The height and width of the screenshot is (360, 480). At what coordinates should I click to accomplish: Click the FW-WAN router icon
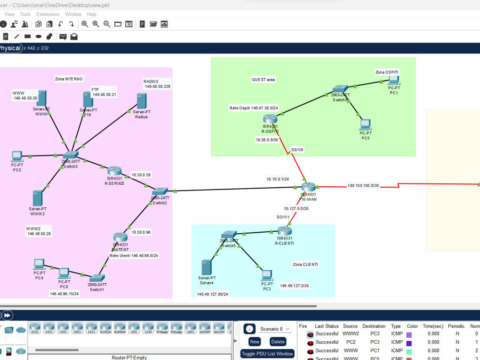308,187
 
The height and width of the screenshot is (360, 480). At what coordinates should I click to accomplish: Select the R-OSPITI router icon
270,119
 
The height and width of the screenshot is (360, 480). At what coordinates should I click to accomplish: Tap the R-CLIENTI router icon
284,231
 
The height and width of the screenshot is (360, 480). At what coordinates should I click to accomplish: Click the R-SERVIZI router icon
114,171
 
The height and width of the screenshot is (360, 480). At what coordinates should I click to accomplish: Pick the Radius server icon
141,101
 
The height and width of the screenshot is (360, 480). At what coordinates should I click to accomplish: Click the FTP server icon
87,100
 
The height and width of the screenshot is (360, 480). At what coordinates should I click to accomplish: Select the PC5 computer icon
365,125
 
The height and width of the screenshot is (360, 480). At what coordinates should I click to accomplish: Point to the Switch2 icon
160,191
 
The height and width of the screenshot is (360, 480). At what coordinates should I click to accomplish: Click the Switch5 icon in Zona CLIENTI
229,235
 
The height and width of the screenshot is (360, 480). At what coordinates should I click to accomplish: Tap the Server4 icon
206,267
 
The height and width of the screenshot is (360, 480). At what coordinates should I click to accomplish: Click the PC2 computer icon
17,156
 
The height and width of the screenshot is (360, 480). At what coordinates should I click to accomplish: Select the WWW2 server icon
37,198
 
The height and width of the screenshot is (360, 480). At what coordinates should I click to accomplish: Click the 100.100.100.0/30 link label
363,185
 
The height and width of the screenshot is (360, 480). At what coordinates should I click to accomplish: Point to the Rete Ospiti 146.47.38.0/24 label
254,108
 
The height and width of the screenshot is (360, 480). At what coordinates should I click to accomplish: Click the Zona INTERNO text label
68,79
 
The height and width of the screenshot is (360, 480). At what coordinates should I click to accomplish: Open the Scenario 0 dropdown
275,329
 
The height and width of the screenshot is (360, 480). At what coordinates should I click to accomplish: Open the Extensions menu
48,14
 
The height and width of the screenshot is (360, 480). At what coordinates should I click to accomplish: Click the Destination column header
374,326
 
